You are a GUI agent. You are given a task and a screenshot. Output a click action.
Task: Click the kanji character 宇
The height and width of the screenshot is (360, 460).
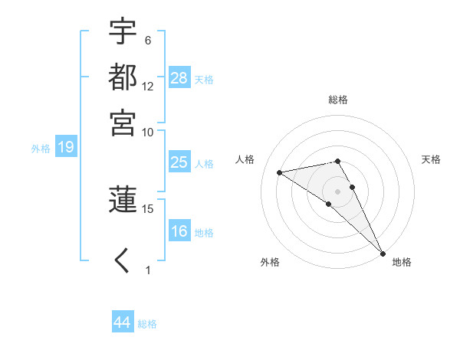tap(123, 32)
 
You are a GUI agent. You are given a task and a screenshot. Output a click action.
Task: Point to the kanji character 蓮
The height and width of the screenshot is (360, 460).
tap(123, 198)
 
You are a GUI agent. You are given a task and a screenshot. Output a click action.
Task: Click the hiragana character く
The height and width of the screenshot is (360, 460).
tap(123, 261)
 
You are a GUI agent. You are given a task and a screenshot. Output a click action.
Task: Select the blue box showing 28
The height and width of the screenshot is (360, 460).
tap(179, 78)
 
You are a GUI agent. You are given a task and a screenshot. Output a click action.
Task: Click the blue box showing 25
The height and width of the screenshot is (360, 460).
tap(179, 162)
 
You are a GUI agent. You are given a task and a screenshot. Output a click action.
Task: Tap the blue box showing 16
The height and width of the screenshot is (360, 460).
tap(179, 231)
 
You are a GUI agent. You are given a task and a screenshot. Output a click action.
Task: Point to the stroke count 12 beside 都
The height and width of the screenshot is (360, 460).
tap(148, 86)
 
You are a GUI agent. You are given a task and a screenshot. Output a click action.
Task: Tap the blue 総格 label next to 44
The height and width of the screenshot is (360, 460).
tap(147, 324)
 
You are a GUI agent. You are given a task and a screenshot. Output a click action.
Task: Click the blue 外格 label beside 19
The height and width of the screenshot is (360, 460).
tap(41, 149)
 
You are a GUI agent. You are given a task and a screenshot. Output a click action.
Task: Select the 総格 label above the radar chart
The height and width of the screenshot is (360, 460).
tap(337, 100)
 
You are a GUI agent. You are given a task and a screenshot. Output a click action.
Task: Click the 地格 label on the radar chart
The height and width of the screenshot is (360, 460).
tap(402, 262)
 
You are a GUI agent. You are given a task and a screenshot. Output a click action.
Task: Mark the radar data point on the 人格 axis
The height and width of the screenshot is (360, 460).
tap(280, 172)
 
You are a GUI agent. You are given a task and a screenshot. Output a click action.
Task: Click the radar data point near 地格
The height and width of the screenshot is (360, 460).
tap(383, 253)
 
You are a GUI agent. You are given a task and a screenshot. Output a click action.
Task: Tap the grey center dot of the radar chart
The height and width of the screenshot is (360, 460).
tap(337, 191)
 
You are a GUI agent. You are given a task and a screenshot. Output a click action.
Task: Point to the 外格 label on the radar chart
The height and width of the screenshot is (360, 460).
tap(270, 262)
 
